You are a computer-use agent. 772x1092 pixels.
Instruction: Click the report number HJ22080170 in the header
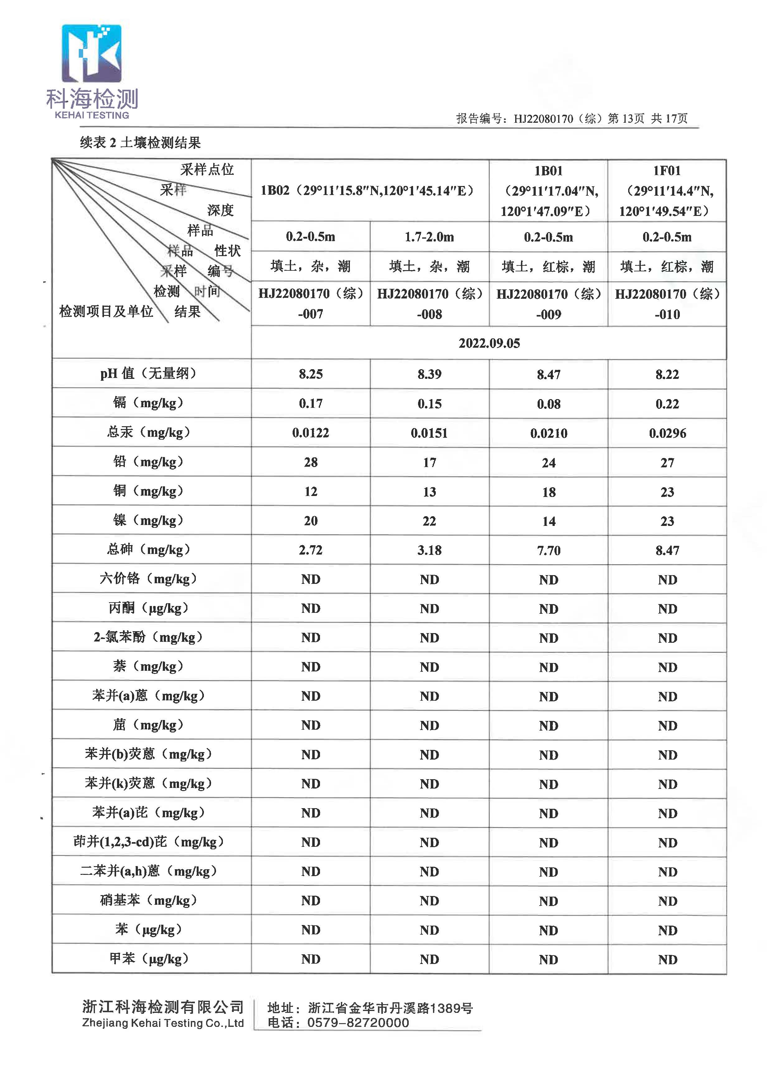543,118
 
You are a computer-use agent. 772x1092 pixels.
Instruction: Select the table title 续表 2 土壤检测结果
141,143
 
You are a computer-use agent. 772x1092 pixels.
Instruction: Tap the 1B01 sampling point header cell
548,190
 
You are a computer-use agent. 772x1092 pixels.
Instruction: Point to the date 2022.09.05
489,343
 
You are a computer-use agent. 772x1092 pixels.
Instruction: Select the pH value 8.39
429,374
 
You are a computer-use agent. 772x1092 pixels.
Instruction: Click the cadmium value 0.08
548,404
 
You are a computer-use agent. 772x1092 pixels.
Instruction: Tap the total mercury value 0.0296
667,433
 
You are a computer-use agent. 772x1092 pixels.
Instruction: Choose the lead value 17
429,462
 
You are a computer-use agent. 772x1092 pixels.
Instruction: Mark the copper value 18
548,492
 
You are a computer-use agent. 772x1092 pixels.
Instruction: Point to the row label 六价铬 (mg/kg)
148,579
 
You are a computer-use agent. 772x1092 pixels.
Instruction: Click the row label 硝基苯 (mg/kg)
148,900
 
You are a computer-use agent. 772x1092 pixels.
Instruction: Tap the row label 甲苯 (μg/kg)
148,958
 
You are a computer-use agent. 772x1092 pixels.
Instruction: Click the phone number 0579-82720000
357,1023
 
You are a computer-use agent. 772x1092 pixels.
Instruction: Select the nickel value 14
548,521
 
